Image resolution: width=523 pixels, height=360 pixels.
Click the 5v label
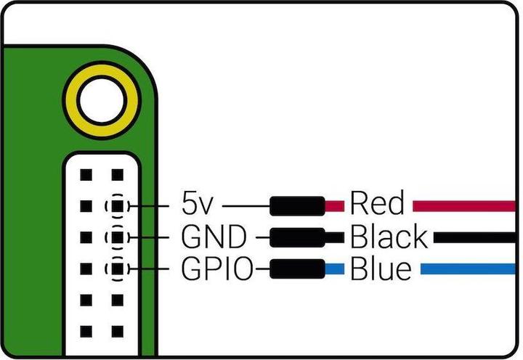point(197,204)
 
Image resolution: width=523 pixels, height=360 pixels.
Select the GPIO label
point(216,270)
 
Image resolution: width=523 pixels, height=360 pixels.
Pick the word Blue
point(381,270)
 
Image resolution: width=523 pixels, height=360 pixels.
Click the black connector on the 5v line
point(297,205)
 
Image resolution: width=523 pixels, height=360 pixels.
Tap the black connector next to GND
point(297,237)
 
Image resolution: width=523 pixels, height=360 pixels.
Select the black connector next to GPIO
point(297,270)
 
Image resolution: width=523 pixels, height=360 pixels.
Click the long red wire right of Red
point(465,205)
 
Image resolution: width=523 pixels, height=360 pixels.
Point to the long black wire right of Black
point(476,237)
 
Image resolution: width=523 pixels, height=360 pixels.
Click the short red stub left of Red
point(334,205)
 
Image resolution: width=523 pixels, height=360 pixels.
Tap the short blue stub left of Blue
point(334,270)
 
